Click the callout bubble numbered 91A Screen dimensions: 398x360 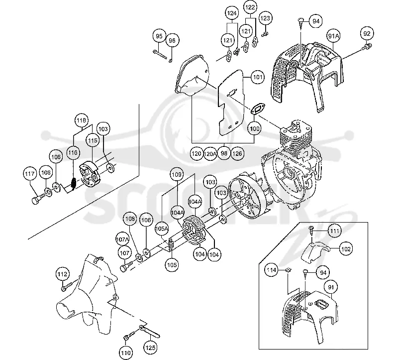pos(333,36)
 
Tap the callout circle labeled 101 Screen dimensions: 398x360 pos(258,77)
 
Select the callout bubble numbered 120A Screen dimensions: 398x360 pos(210,153)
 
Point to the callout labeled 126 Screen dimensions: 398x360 pos(237,153)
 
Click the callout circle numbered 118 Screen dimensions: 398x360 pos(82,120)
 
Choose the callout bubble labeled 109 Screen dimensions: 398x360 pos(177,175)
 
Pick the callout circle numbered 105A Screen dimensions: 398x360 pos(162,229)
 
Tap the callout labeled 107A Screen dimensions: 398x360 pos(122,240)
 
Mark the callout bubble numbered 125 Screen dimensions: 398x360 pos(151,347)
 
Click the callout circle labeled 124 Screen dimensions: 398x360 pos(232,13)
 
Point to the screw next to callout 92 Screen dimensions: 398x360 pos(367,46)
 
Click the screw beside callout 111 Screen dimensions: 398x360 pos(311,231)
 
